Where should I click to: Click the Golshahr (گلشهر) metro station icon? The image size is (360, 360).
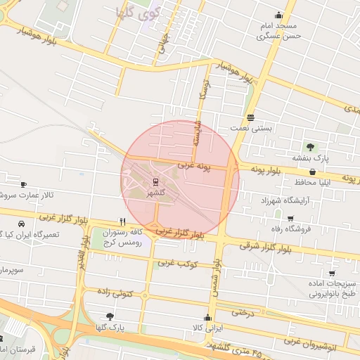point(155,180)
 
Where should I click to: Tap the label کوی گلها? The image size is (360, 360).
point(139,12)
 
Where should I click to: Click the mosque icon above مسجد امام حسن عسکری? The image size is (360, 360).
point(279,15)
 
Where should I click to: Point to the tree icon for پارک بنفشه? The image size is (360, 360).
point(310,146)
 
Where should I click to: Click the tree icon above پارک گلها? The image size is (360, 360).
point(109,316)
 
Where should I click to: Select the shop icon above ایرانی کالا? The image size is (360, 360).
point(207,318)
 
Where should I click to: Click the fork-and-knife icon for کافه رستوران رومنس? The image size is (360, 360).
point(123,220)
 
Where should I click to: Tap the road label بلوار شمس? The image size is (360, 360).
point(213,281)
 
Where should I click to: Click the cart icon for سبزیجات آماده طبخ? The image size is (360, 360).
point(331,274)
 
